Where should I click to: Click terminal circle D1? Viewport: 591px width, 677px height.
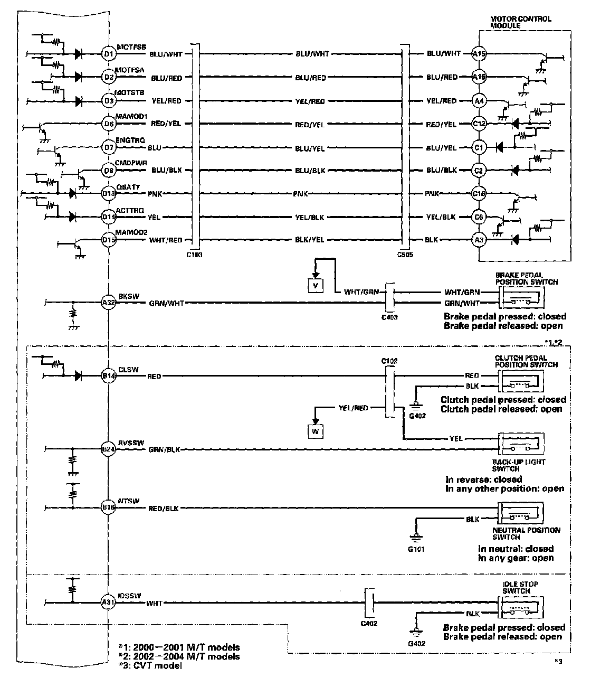pyautogui.click(x=108, y=53)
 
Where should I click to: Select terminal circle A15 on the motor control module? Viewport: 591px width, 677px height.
pyautogui.click(x=479, y=53)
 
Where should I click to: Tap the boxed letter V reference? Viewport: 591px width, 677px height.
pyautogui.click(x=316, y=285)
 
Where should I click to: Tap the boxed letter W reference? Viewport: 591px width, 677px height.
pyautogui.click(x=316, y=431)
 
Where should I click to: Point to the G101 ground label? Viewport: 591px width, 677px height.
pyautogui.click(x=416, y=549)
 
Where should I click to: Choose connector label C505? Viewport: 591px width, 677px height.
pyautogui.click(x=405, y=255)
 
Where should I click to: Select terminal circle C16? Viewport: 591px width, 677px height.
pyautogui.click(x=479, y=194)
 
